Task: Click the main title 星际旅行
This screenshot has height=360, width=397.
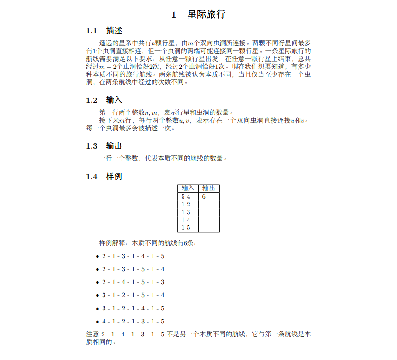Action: pos(206,14)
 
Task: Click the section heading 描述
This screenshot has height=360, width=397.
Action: pos(114,31)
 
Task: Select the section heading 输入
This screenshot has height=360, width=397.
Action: pos(114,100)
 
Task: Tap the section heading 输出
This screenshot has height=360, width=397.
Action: pos(114,146)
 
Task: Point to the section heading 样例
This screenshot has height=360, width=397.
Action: pos(114,176)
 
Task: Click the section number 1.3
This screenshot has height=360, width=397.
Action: pos(92,146)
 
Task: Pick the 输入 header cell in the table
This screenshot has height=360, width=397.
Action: pos(188,188)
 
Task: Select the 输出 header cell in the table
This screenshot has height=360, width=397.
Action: pos(208,188)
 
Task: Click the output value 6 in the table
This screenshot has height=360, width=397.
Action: pos(203,197)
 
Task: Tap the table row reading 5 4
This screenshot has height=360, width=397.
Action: pos(186,197)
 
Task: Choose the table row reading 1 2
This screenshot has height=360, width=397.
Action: pos(186,205)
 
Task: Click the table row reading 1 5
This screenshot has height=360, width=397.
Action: pos(186,228)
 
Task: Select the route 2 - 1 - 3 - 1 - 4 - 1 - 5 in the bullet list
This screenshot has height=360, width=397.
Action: pos(133,256)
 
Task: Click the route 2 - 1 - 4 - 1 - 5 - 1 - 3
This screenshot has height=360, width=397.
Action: pos(133,282)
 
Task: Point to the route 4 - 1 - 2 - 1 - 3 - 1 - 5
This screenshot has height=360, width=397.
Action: pos(133,322)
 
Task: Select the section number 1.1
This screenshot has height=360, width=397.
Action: pos(92,31)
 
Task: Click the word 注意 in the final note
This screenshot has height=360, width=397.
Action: pos(92,334)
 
